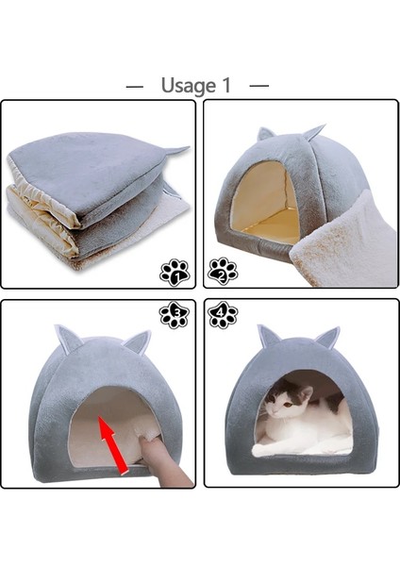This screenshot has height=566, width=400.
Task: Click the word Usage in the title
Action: [x=188, y=86]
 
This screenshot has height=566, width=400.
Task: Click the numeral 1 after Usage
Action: [x=226, y=85]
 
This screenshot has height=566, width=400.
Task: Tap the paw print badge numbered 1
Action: [x=175, y=273]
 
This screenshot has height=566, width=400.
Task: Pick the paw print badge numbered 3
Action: [x=175, y=315]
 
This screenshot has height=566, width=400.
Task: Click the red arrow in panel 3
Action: [x=112, y=443]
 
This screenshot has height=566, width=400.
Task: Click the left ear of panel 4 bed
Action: [x=268, y=335]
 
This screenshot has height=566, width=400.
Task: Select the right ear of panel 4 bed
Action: [x=327, y=336]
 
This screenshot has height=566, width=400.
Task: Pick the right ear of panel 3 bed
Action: [x=138, y=341]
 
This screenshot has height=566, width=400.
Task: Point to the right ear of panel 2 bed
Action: [x=312, y=132]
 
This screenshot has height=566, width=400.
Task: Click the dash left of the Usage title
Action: [x=135, y=86]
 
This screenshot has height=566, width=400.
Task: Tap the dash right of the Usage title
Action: [x=259, y=86]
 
